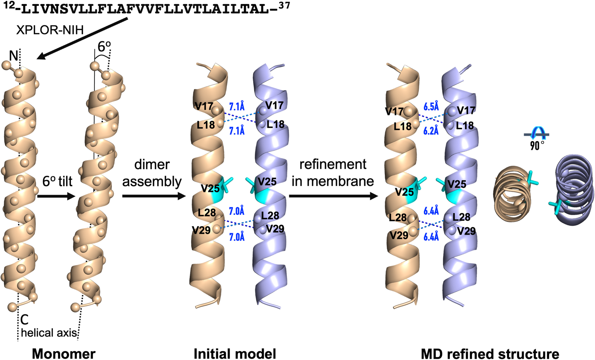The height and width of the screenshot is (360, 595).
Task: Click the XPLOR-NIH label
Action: point(50,30)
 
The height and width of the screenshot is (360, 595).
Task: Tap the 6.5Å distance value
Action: point(431,107)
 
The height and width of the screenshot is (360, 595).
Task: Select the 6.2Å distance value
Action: point(431,130)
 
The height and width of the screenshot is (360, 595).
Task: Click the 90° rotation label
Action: point(537,146)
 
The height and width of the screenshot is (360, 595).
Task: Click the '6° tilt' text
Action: point(58,181)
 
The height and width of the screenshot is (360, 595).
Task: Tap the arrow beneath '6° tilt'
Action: point(56,196)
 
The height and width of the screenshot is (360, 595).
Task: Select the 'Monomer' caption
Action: point(63,354)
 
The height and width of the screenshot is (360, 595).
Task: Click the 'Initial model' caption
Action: point(235,354)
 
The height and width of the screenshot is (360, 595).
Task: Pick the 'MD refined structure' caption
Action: point(490,354)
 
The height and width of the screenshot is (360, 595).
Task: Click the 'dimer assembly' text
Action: point(152,173)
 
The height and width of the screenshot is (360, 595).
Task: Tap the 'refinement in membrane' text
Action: point(333,172)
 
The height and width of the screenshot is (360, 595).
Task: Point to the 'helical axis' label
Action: point(49,333)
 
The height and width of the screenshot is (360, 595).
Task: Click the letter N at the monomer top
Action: point(13,56)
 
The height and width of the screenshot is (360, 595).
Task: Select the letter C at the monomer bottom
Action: point(24,319)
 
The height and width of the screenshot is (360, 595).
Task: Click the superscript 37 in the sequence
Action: point(284,6)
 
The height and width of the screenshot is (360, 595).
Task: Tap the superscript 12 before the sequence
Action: point(9,6)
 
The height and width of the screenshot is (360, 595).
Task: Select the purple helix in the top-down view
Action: point(574,186)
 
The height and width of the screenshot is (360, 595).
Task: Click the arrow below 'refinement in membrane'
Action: point(333,196)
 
